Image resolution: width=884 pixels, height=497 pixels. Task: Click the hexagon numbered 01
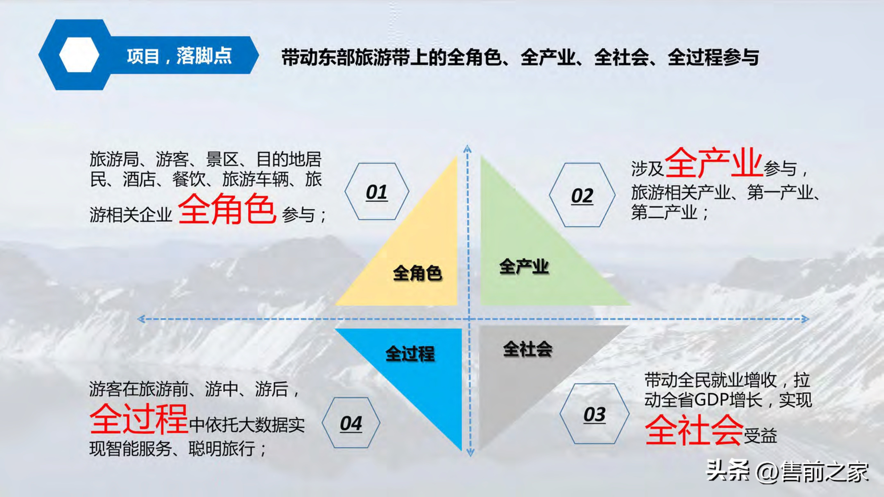(x=376, y=191)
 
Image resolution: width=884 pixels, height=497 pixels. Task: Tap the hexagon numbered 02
(x=582, y=195)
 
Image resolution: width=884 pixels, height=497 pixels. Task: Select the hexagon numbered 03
(x=594, y=414)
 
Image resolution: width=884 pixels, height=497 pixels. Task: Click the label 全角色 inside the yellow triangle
(x=417, y=273)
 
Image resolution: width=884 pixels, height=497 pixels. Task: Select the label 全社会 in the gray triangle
(x=527, y=349)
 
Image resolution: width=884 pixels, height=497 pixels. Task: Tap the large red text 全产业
(x=714, y=163)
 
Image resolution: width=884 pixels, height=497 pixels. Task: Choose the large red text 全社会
(x=694, y=430)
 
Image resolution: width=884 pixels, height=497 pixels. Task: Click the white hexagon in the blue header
(x=79, y=55)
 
